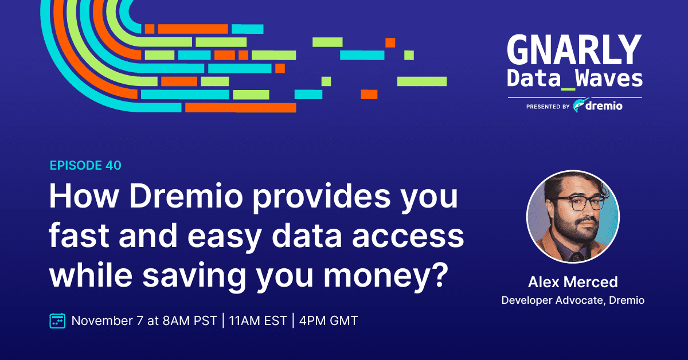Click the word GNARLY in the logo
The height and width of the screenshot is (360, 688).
point(574,50)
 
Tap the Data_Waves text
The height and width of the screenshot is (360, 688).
point(574,79)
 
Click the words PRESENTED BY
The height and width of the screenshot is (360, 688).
point(548,107)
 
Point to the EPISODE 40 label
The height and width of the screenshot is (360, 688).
point(85,166)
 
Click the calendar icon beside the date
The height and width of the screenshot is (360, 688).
point(57,320)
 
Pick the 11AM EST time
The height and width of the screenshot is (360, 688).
point(258,320)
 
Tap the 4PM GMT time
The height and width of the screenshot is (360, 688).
point(329,320)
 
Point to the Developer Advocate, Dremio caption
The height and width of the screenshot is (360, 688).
point(573,300)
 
